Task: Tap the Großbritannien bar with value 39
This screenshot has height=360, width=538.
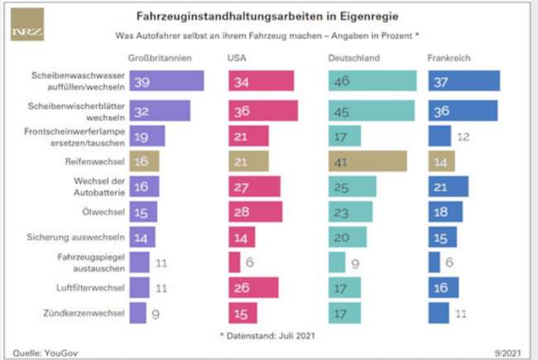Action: click(166, 81)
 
